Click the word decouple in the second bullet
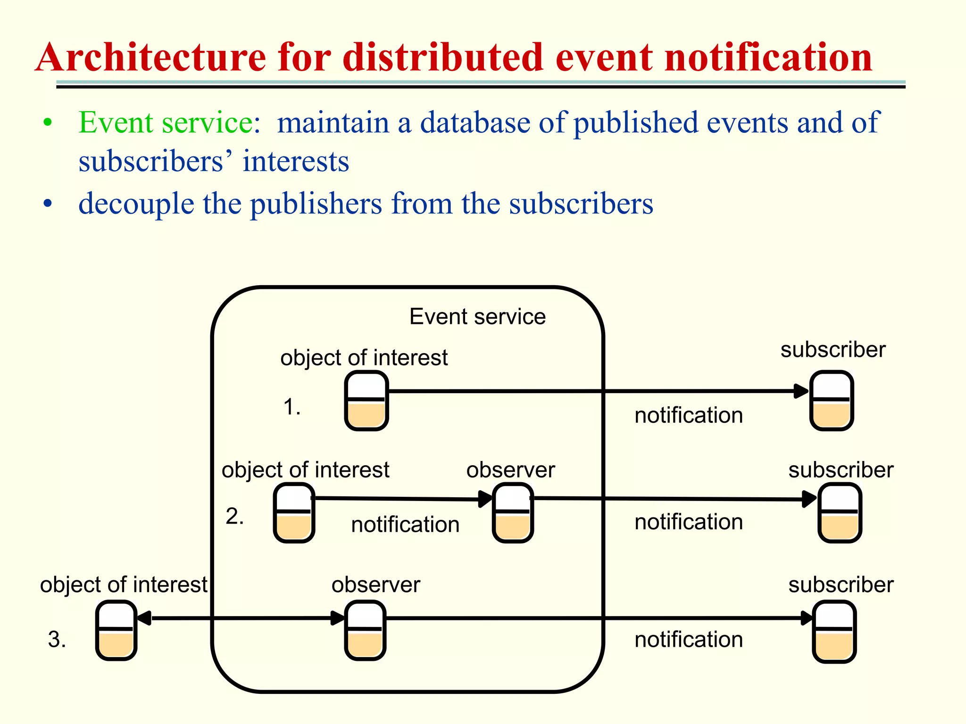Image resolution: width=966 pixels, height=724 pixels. (136, 204)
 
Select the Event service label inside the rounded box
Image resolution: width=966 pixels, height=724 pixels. (477, 316)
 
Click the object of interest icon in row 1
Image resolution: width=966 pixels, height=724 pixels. (366, 401)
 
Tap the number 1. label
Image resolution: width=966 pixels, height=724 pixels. (292, 407)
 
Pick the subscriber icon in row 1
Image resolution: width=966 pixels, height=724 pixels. (832, 401)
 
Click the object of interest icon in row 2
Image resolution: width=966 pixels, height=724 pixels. (294, 513)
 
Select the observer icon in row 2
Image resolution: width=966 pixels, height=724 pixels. (512, 513)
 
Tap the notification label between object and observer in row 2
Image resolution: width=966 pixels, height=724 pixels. (405, 525)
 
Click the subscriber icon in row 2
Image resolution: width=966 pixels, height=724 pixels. (840, 513)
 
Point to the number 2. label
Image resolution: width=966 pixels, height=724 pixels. (234, 516)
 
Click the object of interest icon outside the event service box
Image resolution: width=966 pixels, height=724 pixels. (116, 630)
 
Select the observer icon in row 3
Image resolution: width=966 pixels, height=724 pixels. (365, 630)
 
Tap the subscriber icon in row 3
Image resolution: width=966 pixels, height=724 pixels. (834, 632)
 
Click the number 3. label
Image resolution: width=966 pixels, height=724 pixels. (57, 640)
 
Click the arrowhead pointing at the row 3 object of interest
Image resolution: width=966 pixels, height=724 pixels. (143, 618)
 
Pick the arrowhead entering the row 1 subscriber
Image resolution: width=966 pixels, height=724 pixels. (801, 391)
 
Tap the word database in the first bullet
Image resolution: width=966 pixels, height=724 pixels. (475, 123)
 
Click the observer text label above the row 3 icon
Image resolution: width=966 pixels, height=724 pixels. (375, 585)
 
